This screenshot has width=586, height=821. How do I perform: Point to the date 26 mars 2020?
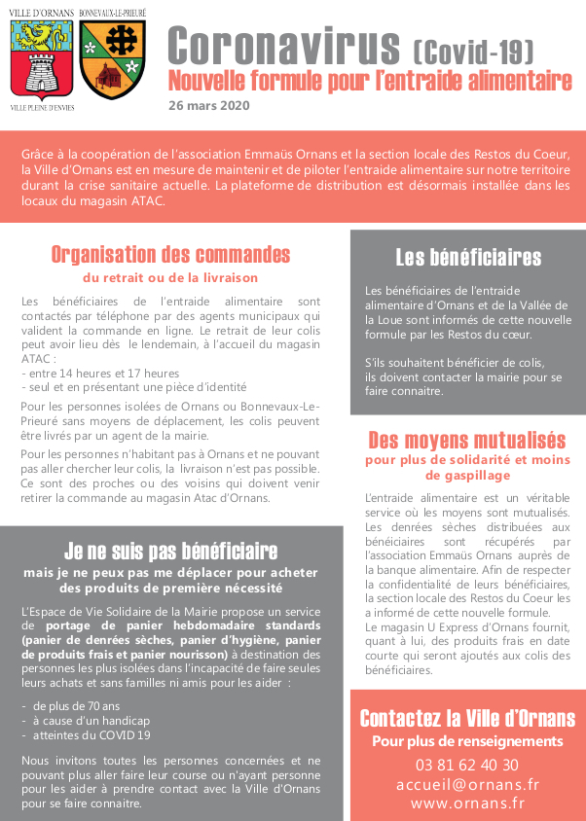208,105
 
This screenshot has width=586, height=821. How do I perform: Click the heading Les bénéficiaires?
467,258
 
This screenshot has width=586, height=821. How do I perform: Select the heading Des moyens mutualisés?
466,440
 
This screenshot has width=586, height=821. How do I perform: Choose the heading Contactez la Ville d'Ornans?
467,720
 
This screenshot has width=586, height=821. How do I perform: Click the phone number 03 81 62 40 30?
467,765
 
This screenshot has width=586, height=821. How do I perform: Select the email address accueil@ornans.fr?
467,784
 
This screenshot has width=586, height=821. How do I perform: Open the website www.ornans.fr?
467,803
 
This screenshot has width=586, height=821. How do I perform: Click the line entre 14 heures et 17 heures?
102,374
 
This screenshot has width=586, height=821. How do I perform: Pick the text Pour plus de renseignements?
467,742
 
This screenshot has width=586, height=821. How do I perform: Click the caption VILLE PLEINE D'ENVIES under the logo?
42,106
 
